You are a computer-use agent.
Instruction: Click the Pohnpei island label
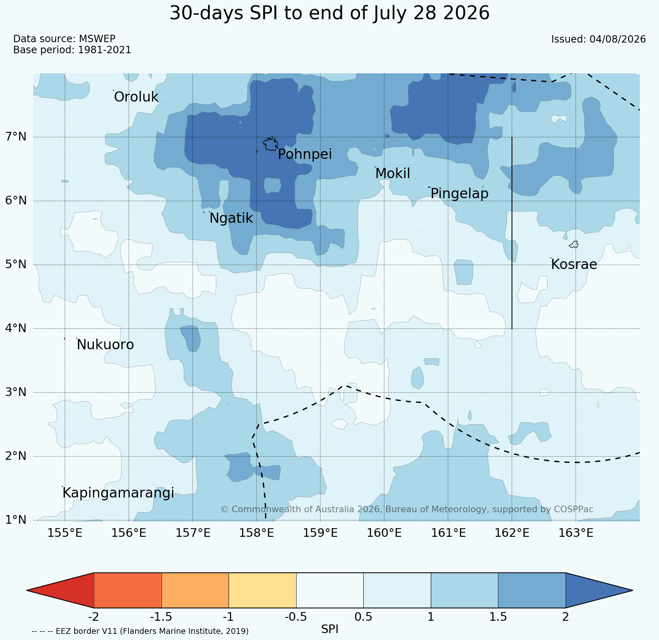click(305, 155)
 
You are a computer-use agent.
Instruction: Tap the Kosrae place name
click(574, 265)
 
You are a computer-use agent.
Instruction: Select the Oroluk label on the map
click(136, 97)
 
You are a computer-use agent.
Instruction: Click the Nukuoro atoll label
click(105, 345)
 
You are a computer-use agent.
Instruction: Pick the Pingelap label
click(460, 194)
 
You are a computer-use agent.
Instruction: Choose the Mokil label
click(392, 174)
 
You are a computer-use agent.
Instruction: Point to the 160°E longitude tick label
click(385, 533)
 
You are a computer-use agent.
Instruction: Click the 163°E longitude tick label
click(576, 533)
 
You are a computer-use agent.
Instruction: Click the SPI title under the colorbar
click(330, 629)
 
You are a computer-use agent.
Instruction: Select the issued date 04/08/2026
click(618, 39)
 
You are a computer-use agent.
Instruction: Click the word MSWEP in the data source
click(97, 39)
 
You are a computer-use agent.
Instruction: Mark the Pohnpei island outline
click(271, 145)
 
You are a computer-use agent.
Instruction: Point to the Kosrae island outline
click(574, 244)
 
